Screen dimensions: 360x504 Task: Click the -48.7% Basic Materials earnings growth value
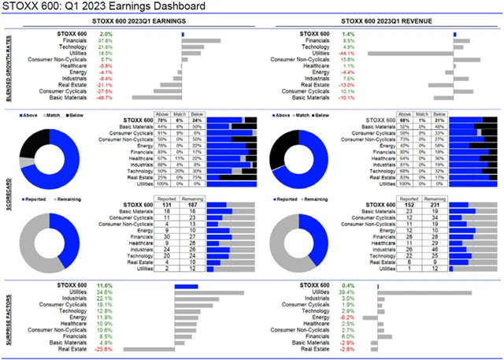[x=105, y=98]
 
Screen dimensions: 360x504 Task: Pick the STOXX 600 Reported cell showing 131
[x=166, y=207]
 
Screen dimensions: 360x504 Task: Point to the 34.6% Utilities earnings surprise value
[x=105, y=292]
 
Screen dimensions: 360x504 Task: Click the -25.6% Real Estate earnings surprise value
[x=105, y=349]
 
